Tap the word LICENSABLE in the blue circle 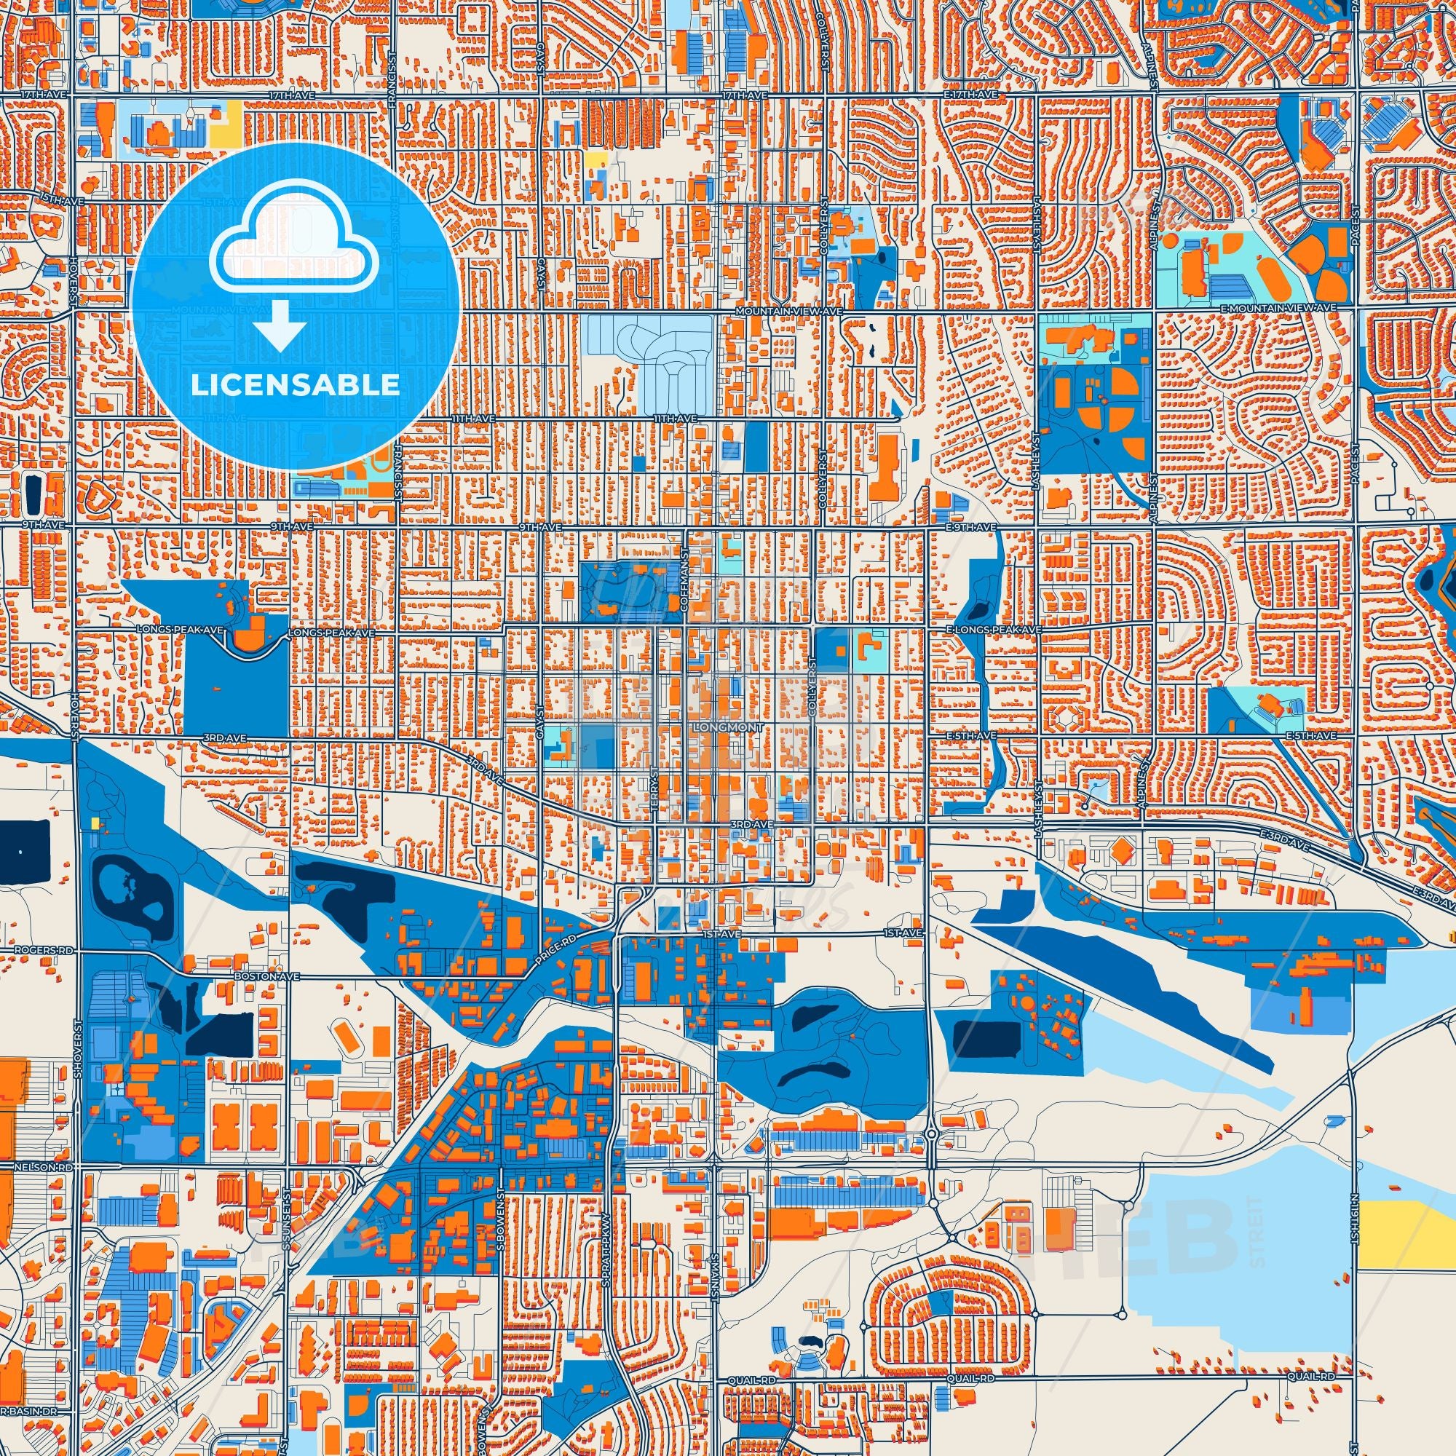click(x=295, y=385)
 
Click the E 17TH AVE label click(x=972, y=95)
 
